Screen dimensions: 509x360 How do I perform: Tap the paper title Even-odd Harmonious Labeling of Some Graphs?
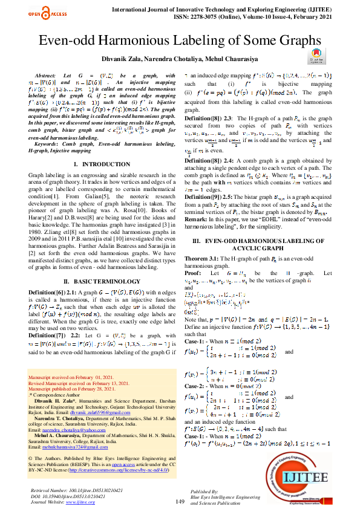(180, 41)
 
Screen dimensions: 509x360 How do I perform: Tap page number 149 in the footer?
(179, 502)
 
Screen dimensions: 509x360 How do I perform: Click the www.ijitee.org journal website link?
(80, 502)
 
